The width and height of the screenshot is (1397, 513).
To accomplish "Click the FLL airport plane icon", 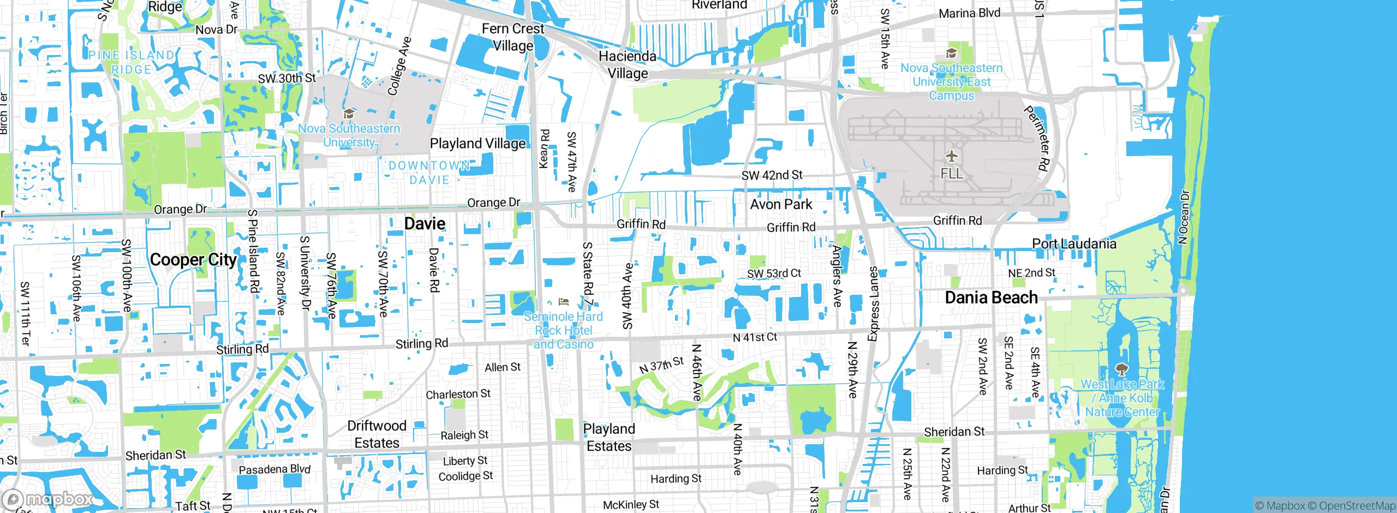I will coord(952,157).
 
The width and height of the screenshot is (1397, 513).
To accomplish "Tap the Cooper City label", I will coord(193,260).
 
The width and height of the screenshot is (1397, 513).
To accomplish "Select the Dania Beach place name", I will coord(991,297).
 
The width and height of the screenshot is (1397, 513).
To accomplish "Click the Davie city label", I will coord(425,223).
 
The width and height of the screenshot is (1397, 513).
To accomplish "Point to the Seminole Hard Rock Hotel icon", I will coord(564,302).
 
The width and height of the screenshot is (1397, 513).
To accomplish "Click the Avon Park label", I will coord(781,204).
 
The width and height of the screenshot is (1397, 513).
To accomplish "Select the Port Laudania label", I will coord(1073,244).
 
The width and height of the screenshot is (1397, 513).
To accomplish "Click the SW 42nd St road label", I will coord(772,175).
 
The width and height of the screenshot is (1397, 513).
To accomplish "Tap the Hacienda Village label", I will coord(628,64).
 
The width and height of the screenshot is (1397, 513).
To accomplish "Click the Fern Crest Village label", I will coord(513,37).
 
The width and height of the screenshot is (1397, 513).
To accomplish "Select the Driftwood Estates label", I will coord(377,434).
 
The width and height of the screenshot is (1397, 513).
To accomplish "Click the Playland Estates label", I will coord(609,438).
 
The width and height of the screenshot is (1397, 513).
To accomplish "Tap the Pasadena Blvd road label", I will coord(274,469).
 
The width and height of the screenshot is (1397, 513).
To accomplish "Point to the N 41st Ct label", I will coord(755,338).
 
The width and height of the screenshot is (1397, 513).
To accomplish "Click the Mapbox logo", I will coord(48,499).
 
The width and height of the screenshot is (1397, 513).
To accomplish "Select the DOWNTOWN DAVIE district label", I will coord(429,172).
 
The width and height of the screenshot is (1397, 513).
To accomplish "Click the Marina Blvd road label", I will coord(969,13).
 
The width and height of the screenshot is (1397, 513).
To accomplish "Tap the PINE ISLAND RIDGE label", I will coord(132,62).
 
